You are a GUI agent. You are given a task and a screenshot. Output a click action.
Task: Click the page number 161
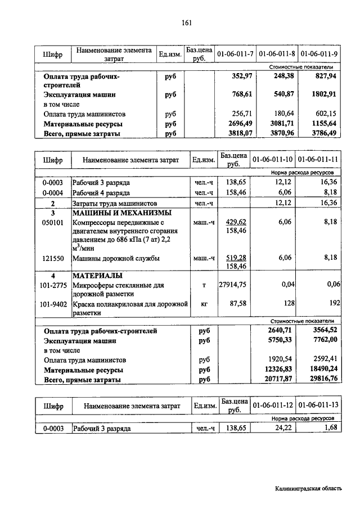187,22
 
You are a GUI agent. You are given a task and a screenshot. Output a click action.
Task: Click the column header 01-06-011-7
235,53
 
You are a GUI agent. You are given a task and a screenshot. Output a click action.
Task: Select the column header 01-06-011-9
319,53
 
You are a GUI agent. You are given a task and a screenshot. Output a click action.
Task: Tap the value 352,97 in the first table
242,75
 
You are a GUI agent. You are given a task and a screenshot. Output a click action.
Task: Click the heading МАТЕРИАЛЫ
98,276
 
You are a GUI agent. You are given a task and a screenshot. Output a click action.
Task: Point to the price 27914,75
232,285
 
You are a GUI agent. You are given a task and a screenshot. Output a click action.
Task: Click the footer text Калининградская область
308,489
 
